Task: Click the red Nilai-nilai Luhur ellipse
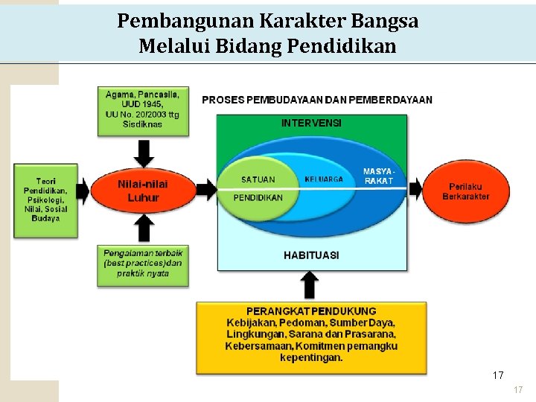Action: click(142, 191)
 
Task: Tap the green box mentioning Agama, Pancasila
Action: click(143, 110)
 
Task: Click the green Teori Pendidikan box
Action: click(45, 200)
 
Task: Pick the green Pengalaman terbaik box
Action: click(143, 264)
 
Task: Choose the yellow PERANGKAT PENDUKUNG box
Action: click(311, 336)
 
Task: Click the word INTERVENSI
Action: click(311, 123)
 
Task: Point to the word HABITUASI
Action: click(311, 255)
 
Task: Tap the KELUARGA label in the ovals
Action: click(324, 179)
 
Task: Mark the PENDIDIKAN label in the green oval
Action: click(258, 198)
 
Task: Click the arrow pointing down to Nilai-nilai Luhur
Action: click(144, 153)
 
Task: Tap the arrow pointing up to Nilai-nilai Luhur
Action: click(144, 228)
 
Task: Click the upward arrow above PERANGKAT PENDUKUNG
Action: click(311, 285)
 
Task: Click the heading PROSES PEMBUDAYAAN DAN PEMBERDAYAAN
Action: click(317, 100)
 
